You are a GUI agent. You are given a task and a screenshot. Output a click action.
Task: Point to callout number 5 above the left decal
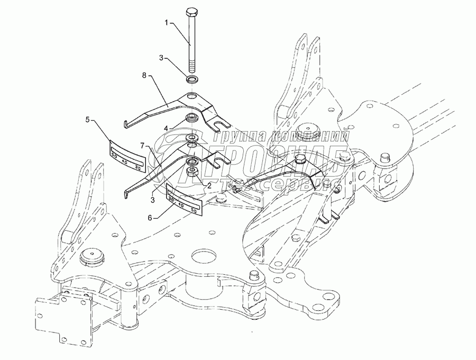(x=87, y=120)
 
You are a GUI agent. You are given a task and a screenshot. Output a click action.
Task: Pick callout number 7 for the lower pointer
(x=142, y=145)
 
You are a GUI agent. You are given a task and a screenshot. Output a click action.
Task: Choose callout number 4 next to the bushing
(x=166, y=128)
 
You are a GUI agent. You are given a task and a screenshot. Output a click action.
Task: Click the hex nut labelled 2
(x=193, y=172)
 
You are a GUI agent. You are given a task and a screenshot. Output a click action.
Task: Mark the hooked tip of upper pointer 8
(x=126, y=124)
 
